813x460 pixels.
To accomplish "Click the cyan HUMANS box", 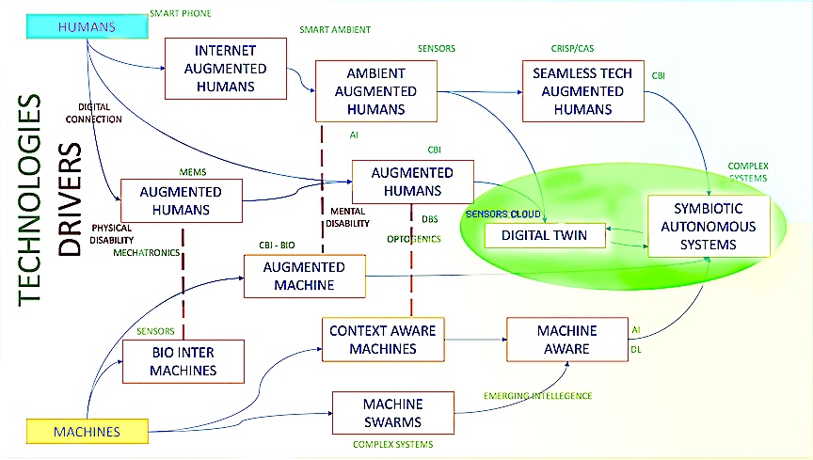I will [x=88, y=26].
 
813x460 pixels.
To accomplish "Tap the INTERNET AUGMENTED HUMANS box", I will [x=226, y=69].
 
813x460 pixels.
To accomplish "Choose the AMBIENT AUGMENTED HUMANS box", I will [x=376, y=91].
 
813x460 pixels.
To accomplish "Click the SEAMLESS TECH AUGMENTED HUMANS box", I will [x=583, y=91].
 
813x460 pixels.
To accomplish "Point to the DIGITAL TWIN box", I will [x=544, y=234].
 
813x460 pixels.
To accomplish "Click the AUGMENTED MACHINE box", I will [x=304, y=276].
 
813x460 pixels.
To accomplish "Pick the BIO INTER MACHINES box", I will [x=183, y=362].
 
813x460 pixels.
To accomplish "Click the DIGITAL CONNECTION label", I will [x=94, y=114].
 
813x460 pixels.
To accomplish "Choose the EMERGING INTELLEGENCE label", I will [x=537, y=396].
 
